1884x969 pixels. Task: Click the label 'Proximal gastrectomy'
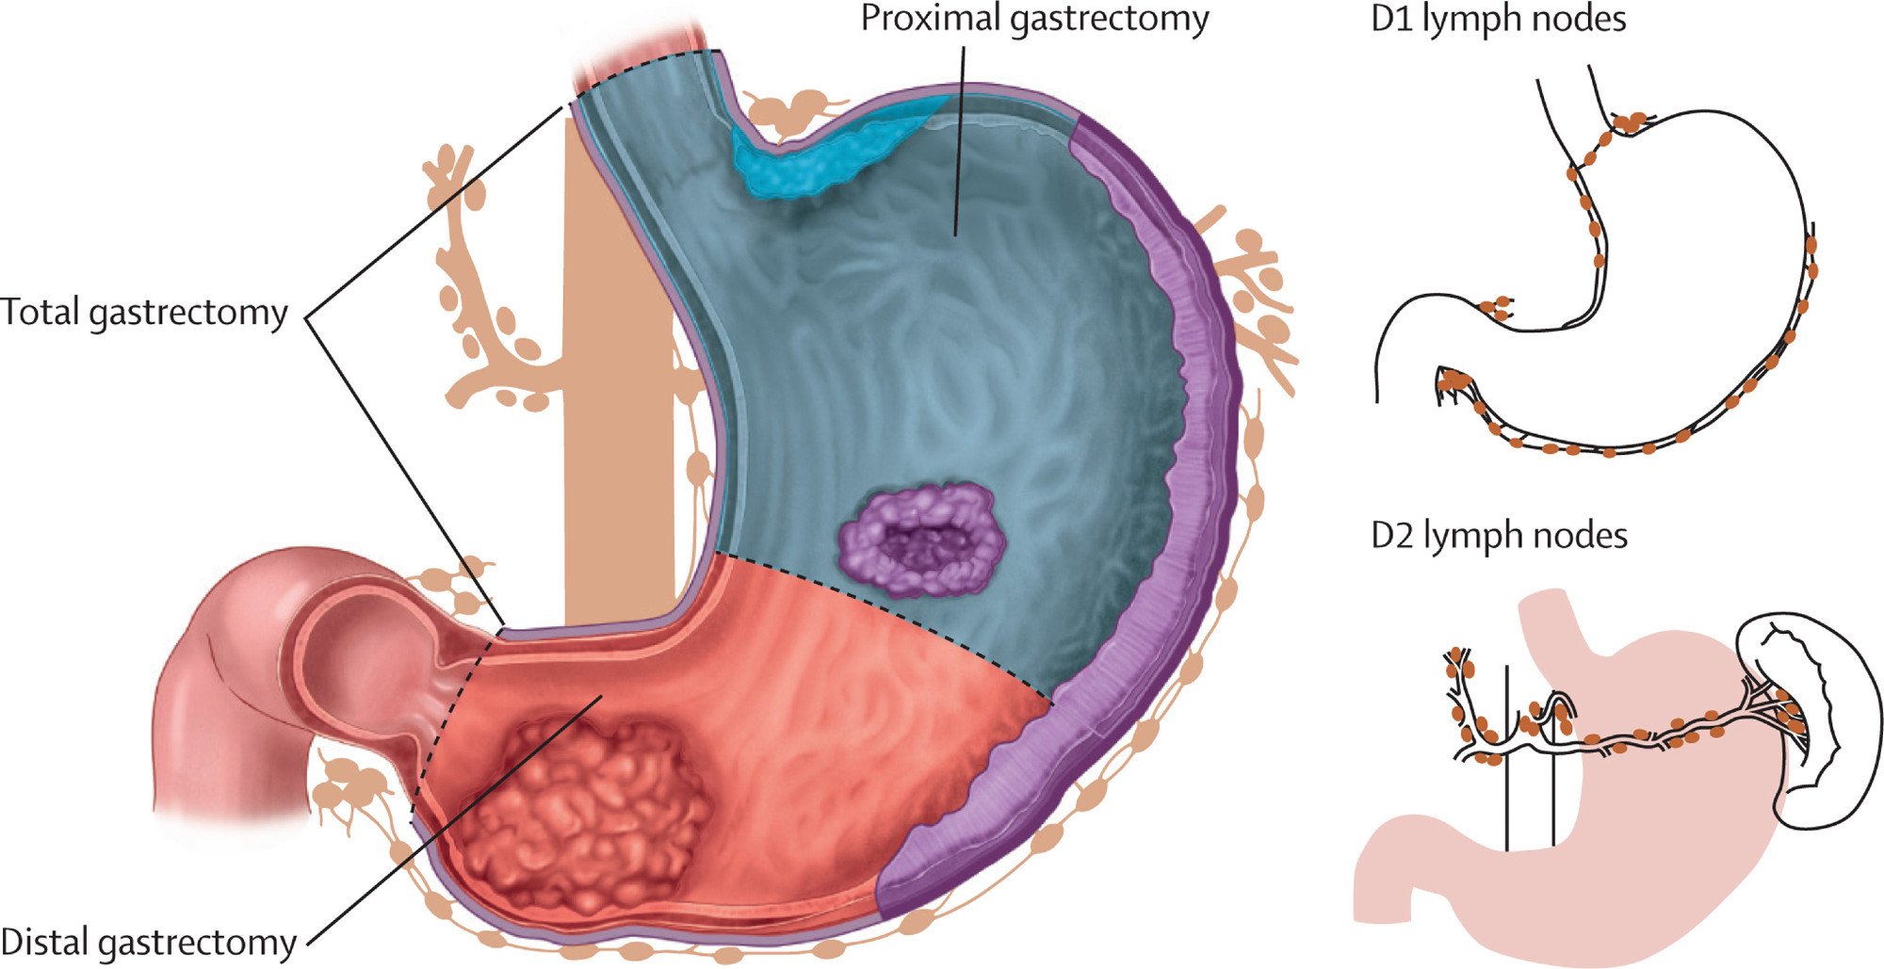click(x=1034, y=20)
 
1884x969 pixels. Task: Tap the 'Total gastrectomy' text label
click(x=144, y=313)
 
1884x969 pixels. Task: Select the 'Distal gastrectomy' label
click(x=149, y=943)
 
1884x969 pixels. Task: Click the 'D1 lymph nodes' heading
click(x=1499, y=20)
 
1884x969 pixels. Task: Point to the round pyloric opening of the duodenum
click(x=364, y=650)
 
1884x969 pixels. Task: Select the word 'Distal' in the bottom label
click(x=43, y=941)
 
